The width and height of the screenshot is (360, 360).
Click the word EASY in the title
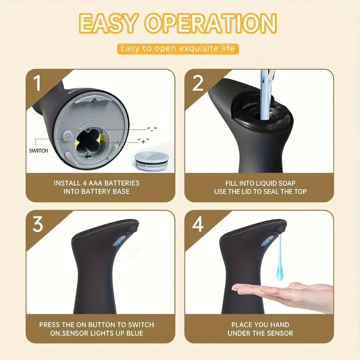(108, 23)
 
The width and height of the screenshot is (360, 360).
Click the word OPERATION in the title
(211, 23)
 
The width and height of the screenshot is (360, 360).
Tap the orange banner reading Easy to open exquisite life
(178, 49)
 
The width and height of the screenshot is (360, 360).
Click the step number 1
(37, 83)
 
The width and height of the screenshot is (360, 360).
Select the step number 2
(198, 83)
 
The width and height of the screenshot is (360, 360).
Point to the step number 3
(38, 224)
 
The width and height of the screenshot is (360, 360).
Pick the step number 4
(198, 224)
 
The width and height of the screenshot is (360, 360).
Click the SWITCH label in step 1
(39, 151)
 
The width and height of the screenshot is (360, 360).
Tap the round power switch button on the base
(67, 137)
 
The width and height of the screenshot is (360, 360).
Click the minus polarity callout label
(152, 129)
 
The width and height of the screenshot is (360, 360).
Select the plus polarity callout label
(143, 141)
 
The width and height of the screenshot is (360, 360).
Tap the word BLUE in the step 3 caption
(135, 333)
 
